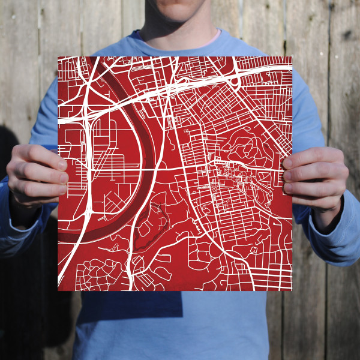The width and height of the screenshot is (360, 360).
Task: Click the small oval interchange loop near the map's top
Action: point(236,79)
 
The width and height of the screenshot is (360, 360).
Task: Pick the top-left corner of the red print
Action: point(58,57)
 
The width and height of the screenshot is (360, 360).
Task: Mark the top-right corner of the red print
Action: point(292,57)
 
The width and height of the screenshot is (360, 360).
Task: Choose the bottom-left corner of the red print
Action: point(58,291)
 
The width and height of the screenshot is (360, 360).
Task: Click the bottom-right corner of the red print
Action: point(292,291)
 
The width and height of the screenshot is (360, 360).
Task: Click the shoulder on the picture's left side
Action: point(66,66)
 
